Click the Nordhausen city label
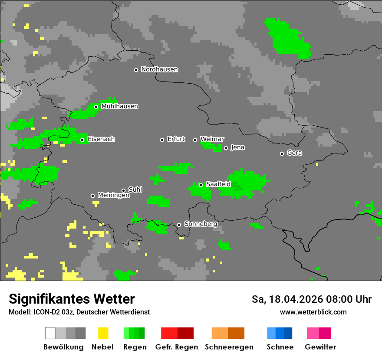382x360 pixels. coord(159,69)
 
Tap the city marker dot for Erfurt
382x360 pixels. coord(162,140)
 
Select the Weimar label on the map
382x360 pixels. coord(212,139)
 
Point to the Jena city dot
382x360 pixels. coord(226,148)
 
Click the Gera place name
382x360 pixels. coord(294,153)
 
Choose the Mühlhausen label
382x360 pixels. coord(119,106)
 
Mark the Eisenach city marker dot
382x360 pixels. coord(82,140)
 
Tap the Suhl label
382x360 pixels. coord(135,190)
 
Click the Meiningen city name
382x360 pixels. coord(113,196)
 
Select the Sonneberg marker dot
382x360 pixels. coord(179,225)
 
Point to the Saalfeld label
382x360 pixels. coord(218,184)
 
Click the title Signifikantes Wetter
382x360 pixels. coord(72,299)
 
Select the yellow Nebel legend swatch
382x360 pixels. coord(103,333)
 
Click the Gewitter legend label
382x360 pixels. coord(320,347)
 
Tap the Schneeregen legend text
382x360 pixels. coord(229,347)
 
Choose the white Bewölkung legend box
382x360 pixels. coord(50,333)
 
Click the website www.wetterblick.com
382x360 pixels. coord(313,312)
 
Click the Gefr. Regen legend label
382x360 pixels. coord(177,347)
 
